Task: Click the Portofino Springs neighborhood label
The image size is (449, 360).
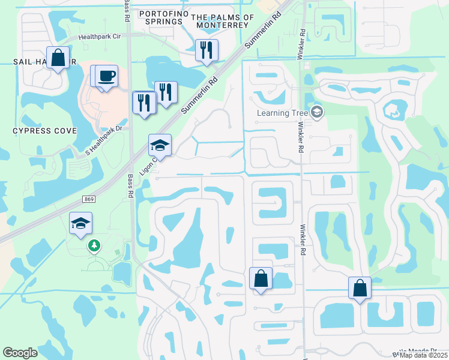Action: pyautogui.click(x=160, y=17)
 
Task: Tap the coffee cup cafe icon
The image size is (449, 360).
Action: pyautogui.click(x=106, y=76)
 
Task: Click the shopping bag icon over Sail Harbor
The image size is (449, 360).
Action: pyautogui.click(x=58, y=59)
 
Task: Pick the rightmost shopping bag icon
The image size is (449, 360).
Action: pyautogui.click(x=360, y=287)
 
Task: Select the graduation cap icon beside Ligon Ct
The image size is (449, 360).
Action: pyautogui.click(x=160, y=145)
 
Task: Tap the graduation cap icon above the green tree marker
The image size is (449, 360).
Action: pyautogui.click(x=80, y=224)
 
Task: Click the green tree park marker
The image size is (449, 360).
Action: pyautogui.click(x=94, y=245)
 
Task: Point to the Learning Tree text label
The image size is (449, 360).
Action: pyautogui.click(x=282, y=112)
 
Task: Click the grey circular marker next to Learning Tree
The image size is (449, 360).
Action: pyautogui.click(x=317, y=112)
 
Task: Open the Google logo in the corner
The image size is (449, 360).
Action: pyautogui.click(x=20, y=352)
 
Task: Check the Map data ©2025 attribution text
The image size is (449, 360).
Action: pyautogui.click(x=423, y=355)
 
